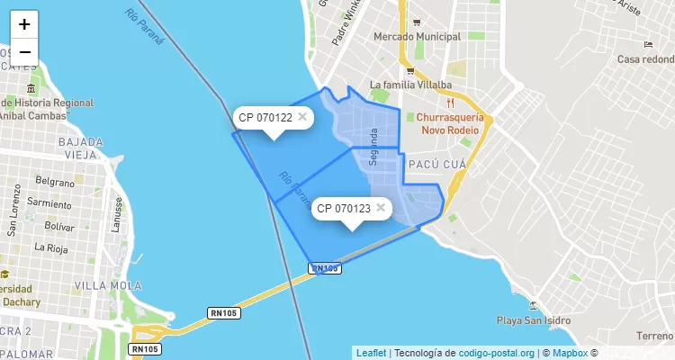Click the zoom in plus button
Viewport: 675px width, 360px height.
[x=24, y=24]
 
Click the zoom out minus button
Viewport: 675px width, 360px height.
[x=24, y=52]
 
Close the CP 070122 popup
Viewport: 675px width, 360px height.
[x=302, y=116]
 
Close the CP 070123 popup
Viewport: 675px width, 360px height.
[x=381, y=207]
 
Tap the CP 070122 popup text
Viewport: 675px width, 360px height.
[x=265, y=117]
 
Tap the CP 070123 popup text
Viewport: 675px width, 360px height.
[x=344, y=209]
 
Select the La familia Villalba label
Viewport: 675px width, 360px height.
[x=410, y=85]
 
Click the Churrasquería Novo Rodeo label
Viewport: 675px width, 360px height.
[x=450, y=123]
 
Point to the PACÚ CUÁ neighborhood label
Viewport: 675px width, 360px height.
[x=436, y=165]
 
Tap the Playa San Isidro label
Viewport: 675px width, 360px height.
[x=535, y=320]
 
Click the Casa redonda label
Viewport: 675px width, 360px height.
[x=645, y=59]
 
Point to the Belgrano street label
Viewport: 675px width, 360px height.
[x=55, y=180]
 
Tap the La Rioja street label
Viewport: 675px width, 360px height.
[x=50, y=246]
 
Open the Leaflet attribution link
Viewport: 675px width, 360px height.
[x=371, y=353]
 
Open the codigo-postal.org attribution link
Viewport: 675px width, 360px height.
[x=497, y=353]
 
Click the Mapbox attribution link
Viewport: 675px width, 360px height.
[x=570, y=353]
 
